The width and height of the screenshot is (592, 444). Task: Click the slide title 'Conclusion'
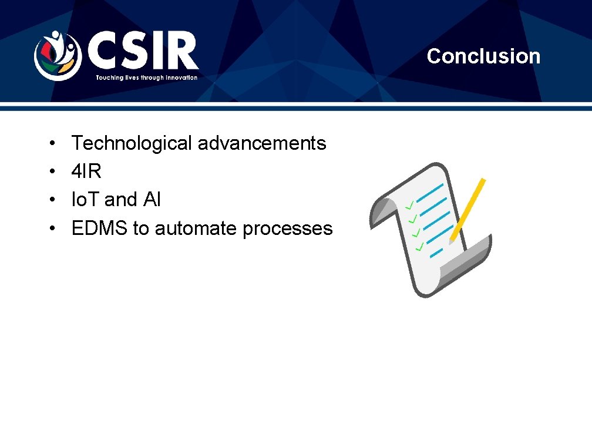(x=483, y=56)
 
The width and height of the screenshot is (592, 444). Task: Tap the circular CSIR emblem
(x=57, y=55)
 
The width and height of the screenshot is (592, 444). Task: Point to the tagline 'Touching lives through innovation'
(x=147, y=78)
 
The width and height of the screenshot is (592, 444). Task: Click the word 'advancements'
(x=261, y=143)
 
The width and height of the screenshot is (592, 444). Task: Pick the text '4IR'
(x=86, y=171)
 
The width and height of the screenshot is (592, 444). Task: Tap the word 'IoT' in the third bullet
(x=85, y=200)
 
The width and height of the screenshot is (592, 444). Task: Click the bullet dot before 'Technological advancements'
(x=52, y=143)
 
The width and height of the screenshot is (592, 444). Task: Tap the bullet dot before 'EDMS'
(x=52, y=228)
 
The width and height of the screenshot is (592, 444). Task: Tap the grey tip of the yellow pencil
(x=452, y=240)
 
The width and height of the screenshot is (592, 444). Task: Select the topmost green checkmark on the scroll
(x=409, y=205)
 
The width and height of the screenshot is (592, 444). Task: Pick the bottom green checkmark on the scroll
(x=419, y=247)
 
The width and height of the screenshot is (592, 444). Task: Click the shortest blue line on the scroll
(x=436, y=254)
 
